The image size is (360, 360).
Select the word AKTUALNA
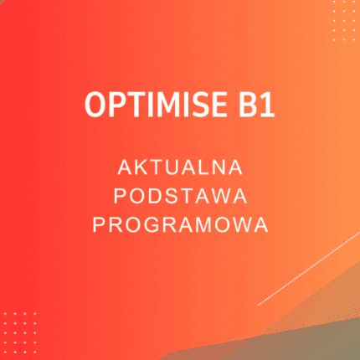[180, 167]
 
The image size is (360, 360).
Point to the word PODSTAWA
[180, 196]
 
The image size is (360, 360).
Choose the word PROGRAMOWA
[180, 224]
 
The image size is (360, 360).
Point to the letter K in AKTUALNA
[138, 167]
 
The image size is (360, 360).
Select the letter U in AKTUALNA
[173, 167]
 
